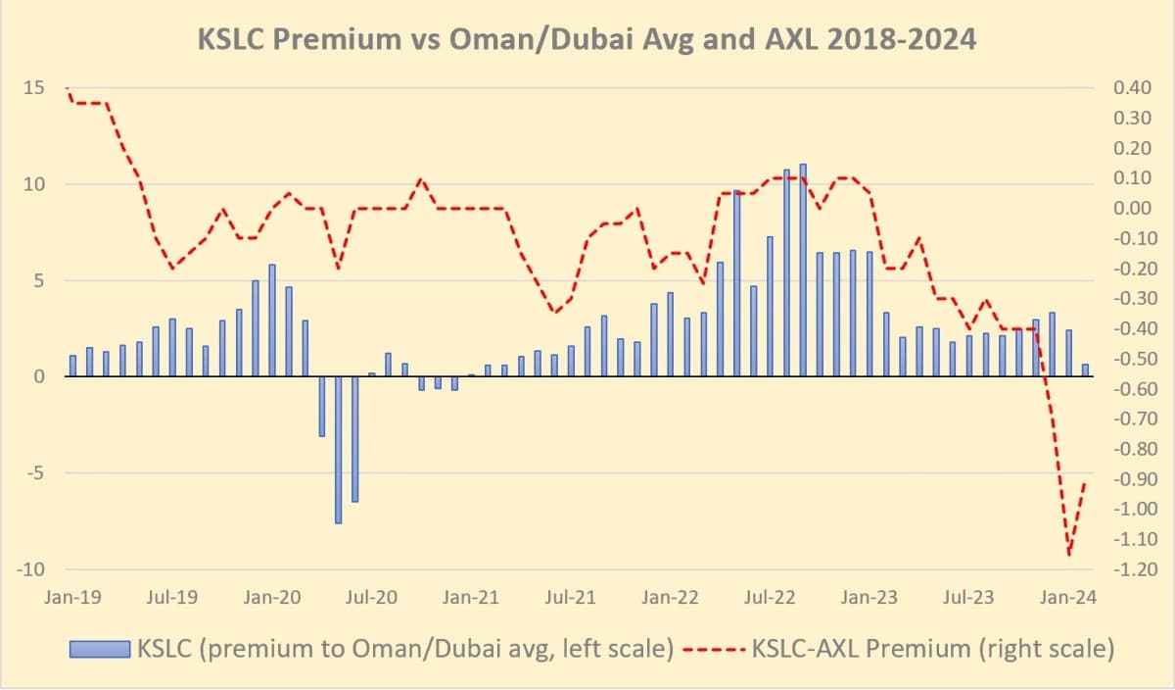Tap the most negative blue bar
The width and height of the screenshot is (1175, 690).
pyautogui.click(x=338, y=450)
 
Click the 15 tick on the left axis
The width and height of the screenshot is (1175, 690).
pyautogui.click(x=33, y=88)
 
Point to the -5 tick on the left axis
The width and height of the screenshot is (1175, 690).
pyautogui.click(x=33, y=473)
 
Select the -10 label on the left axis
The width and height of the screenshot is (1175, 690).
pyautogui.click(x=30, y=569)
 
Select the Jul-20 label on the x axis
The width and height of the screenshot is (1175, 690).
pyautogui.click(x=371, y=596)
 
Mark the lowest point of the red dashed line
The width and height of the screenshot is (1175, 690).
pyautogui.click(x=1068, y=555)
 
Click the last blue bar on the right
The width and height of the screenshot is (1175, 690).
pyautogui.click(x=1085, y=370)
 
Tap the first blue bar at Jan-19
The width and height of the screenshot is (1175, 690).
pyautogui.click(x=72, y=366)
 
